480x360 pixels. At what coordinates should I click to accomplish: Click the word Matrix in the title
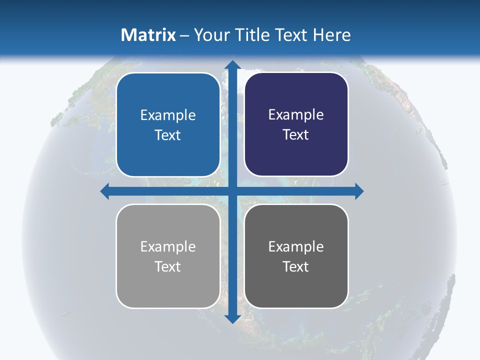click(148, 35)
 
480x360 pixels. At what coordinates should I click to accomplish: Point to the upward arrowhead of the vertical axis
click(232, 64)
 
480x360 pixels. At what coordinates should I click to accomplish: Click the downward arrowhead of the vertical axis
click(232, 318)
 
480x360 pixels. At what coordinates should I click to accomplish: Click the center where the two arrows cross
click(232, 191)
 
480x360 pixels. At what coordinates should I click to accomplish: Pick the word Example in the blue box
click(168, 115)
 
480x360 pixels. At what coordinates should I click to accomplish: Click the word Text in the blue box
click(168, 135)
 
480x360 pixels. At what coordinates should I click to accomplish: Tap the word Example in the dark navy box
click(296, 114)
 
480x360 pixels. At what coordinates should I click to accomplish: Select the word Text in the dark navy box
click(296, 134)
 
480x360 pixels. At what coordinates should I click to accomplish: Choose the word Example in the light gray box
click(168, 246)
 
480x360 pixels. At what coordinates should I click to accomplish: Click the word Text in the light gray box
click(168, 266)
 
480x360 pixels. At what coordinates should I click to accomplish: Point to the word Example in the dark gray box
click(296, 246)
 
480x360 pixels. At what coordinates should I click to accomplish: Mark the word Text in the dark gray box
click(296, 266)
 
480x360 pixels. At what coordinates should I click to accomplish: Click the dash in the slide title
click(184, 35)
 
